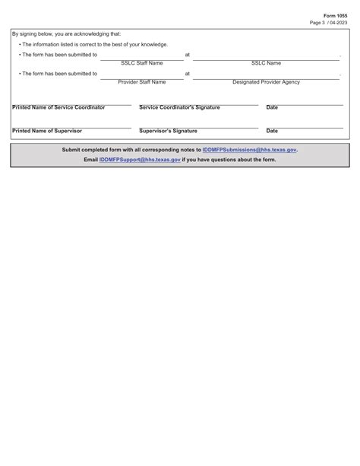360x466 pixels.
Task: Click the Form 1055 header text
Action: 335,15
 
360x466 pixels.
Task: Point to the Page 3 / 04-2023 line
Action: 329,23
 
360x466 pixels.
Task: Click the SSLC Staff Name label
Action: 142,63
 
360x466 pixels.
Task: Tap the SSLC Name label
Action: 266,63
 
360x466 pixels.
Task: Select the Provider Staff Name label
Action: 141,82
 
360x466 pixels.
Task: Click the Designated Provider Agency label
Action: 266,82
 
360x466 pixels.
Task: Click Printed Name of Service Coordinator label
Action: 58,107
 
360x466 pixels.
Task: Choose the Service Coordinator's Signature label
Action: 179,107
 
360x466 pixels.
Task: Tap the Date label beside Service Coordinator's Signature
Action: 272,107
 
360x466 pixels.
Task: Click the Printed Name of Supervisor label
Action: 47,131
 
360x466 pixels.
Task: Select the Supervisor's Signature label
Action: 168,131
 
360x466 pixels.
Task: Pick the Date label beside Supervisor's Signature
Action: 272,131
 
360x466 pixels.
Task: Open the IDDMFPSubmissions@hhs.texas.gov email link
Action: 249,150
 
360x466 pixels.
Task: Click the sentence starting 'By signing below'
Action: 66,34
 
